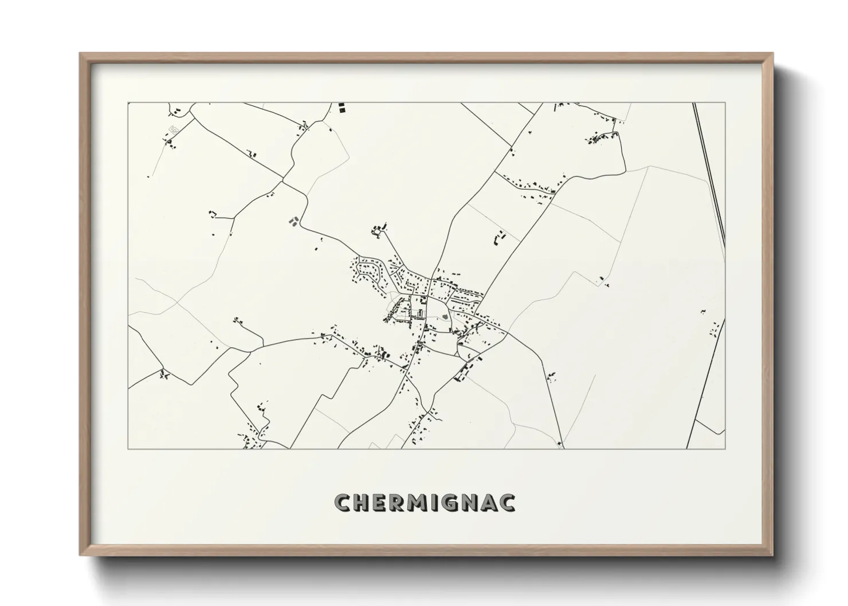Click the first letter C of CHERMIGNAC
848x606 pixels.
click(343, 502)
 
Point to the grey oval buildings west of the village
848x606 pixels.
click(293, 220)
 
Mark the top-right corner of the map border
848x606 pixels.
click(725, 103)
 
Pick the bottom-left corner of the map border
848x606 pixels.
click(128, 448)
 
